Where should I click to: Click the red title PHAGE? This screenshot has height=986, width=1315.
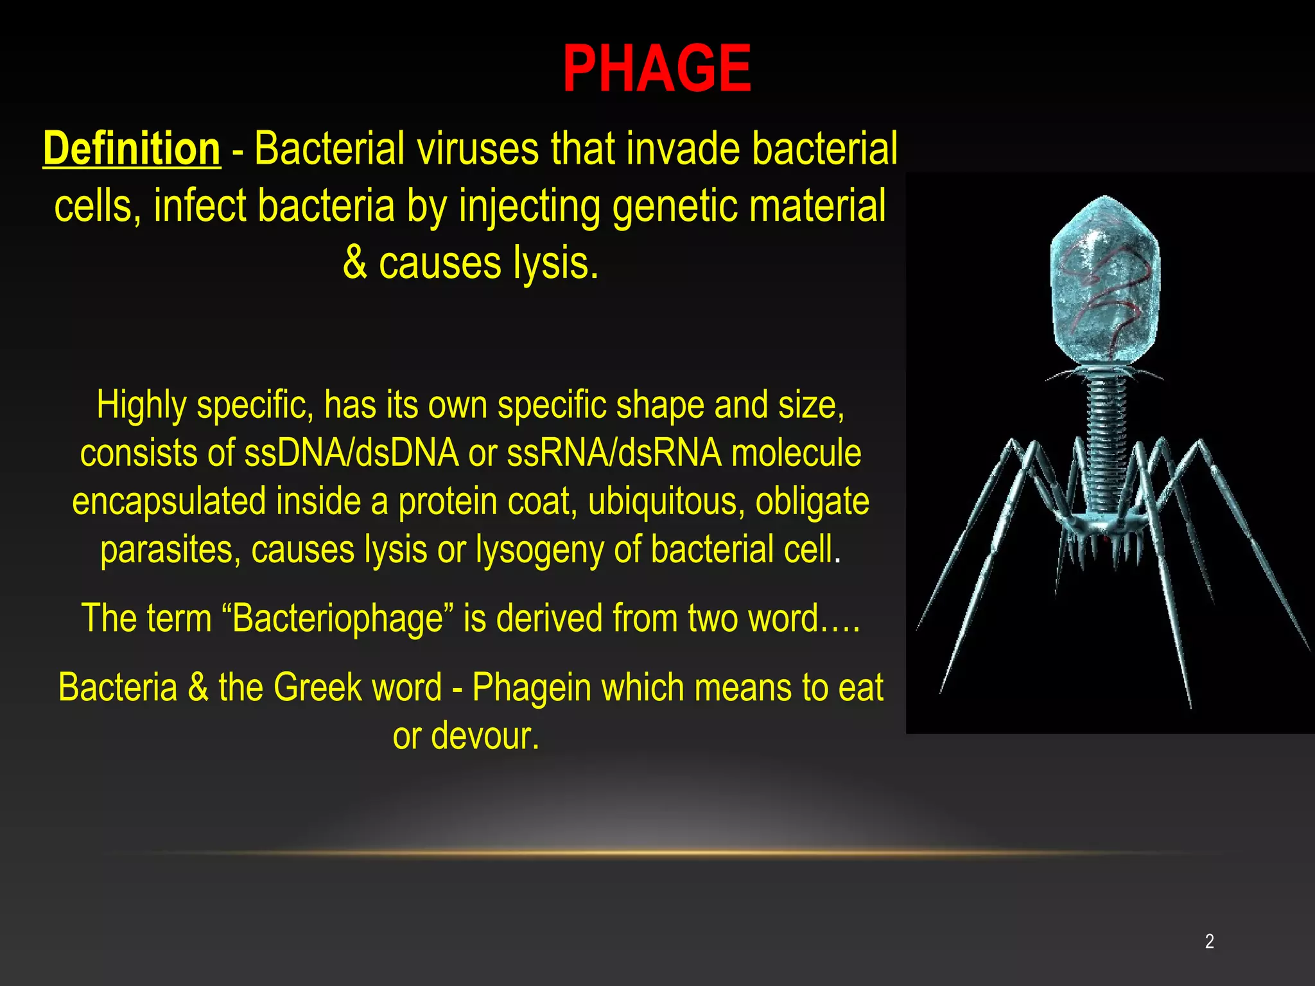click(656, 69)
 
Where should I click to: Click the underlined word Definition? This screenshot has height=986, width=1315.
click(132, 149)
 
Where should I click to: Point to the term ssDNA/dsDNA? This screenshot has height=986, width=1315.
click(352, 453)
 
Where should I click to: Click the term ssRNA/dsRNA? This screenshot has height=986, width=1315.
click(614, 453)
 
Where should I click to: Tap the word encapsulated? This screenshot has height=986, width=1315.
click(169, 501)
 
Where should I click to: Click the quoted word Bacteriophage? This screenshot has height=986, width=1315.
click(337, 618)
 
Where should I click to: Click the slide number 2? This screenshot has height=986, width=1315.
click(1209, 941)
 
